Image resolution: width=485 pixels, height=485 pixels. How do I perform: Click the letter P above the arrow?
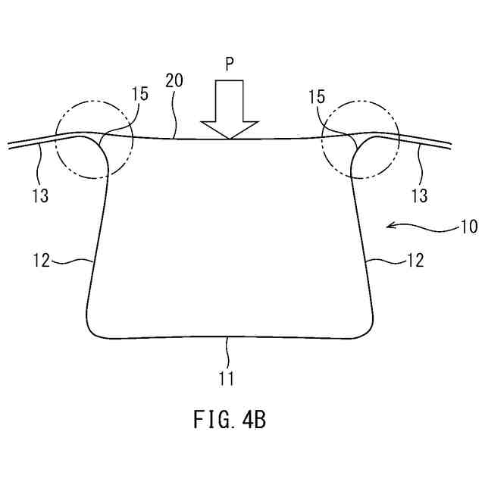pos(230,65)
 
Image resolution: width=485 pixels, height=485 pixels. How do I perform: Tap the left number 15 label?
pos(140,95)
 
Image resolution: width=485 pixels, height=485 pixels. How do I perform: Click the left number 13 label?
pos(41,196)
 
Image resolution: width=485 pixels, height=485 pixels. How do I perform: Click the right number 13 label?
pos(419,196)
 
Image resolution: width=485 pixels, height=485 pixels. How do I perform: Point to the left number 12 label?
pos(41,260)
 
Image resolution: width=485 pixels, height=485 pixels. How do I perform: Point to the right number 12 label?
pos(415,260)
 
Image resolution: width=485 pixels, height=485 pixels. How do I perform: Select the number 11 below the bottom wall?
pos(227,376)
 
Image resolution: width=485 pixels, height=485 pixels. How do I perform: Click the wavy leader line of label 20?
pos(175,114)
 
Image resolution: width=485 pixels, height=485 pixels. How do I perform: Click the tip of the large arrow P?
pos(230,137)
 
